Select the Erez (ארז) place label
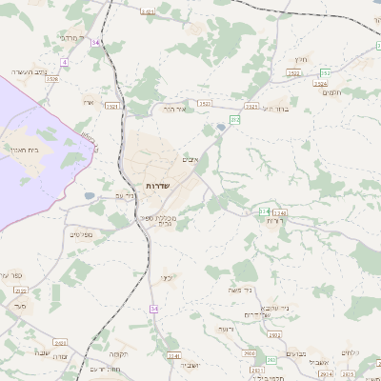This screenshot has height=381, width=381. pyautogui.click(x=90, y=103)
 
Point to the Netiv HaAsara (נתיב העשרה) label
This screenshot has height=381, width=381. pyautogui.click(x=29, y=71)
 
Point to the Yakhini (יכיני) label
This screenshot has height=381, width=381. pyautogui.click(x=166, y=278)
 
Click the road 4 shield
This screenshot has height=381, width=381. pyautogui.click(x=64, y=61)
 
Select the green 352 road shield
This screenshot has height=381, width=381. pyautogui.click(x=326, y=73)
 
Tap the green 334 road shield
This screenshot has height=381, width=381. pyautogui.click(x=264, y=211)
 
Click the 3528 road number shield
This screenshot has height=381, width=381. pyautogui.click(x=52, y=79)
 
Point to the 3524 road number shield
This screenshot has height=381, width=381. pyautogui.click(x=320, y=84)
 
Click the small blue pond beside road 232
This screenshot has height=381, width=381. pyautogui.click(x=221, y=126)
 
